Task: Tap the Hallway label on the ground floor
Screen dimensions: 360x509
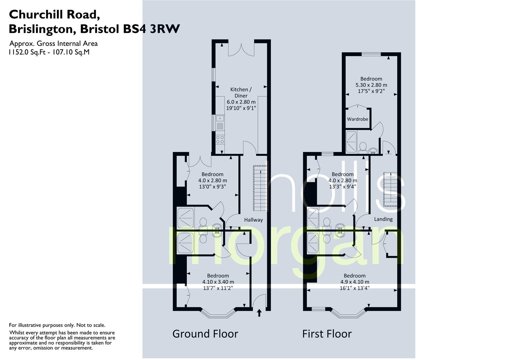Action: click(253, 220)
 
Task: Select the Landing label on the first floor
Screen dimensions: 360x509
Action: click(383, 219)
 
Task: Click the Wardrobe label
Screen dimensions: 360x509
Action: click(357, 119)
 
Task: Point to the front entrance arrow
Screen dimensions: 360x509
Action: click(259, 313)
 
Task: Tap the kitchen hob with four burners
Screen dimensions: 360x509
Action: click(220, 140)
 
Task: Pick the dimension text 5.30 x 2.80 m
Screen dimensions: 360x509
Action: click(371, 85)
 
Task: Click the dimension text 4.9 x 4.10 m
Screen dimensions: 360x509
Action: click(355, 282)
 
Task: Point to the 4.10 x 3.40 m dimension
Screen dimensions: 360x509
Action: click(218, 282)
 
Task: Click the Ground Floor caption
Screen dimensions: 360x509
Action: click(205, 334)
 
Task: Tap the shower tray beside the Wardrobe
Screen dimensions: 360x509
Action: click(351, 142)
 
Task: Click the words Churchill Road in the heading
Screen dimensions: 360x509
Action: click(54, 14)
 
